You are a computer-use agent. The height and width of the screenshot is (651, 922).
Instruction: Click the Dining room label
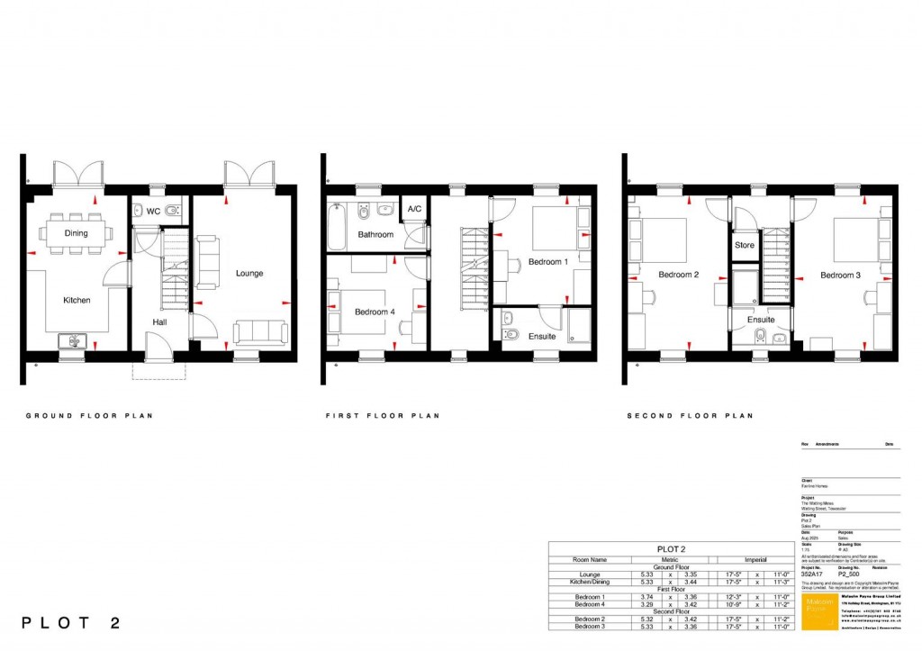[x=76, y=233]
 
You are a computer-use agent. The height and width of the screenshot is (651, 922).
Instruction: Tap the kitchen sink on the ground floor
[x=73, y=340]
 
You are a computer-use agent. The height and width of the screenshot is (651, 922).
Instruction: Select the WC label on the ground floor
[x=153, y=212]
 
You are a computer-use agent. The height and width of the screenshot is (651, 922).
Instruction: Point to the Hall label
[x=158, y=321]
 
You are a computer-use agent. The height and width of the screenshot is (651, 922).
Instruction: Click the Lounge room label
[x=249, y=273]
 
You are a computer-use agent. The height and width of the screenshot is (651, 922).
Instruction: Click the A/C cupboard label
[x=414, y=209]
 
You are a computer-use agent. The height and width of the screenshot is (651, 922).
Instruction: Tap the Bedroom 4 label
[x=375, y=312]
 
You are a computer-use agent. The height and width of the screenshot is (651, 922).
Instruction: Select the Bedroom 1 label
[x=548, y=262]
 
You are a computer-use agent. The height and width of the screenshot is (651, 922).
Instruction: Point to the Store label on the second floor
[x=745, y=245]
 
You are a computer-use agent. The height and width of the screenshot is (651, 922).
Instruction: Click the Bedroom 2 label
[x=678, y=275]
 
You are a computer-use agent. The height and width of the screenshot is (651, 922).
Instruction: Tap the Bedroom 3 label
[x=840, y=275]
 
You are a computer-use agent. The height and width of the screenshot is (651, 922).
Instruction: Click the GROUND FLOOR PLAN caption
[x=88, y=416]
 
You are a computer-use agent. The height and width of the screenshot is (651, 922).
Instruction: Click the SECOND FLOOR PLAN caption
[x=690, y=416]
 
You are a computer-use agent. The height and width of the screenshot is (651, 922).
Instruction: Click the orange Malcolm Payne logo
[x=818, y=610]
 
